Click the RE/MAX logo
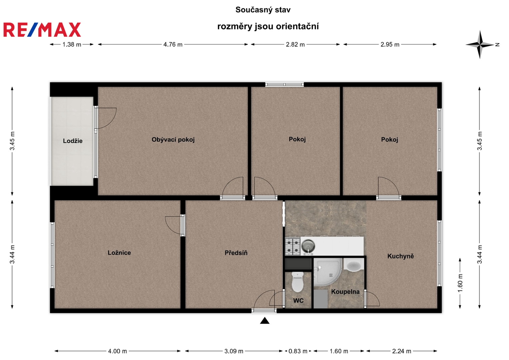[42, 30]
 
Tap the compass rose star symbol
[480, 45]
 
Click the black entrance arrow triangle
[265, 321]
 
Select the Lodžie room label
[73, 141]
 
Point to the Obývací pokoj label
[173, 140]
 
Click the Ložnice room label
[119, 253]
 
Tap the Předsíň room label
[236, 253]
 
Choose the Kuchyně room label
[401, 256]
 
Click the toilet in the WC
[297, 282]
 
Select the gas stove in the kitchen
[293, 246]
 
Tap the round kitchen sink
[308, 246]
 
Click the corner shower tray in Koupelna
[327, 272]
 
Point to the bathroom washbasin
[354, 265]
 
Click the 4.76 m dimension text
[173, 45]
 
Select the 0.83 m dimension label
[298, 351]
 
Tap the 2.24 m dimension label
[402, 351]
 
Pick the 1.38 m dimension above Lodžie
[72, 45]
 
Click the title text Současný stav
[263, 10]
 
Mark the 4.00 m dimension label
[117, 351]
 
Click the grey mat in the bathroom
[321, 299]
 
